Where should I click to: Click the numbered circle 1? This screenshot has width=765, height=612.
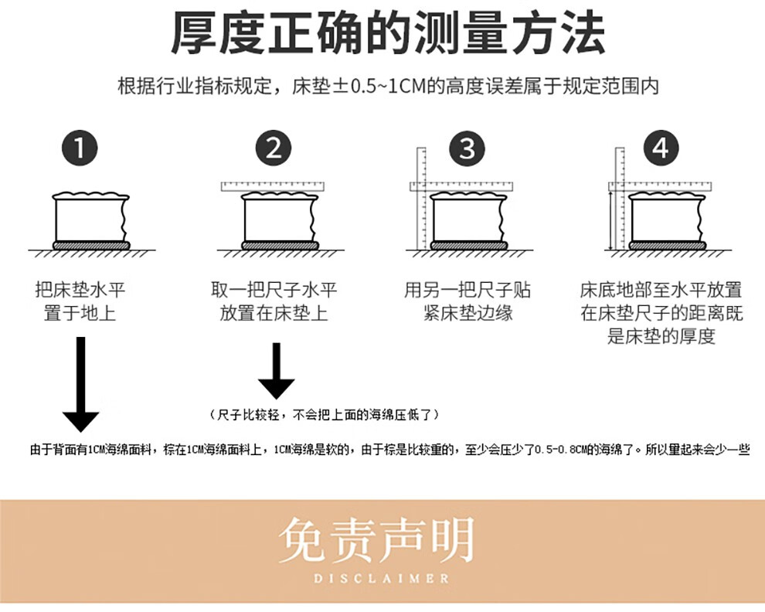pos(80,148)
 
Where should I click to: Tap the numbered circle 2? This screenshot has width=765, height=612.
pos(274,148)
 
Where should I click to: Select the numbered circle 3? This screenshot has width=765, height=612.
pos(467,148)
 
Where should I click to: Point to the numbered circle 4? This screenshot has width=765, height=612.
pos(661,148)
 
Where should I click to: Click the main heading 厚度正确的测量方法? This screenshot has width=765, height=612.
pos(389,33)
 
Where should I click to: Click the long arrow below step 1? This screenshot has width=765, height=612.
pos(81,384)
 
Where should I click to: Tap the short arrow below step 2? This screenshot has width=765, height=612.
pos(276,371)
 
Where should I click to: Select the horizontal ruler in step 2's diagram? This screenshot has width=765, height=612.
pos(273,186)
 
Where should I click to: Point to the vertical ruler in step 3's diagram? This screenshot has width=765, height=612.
pos(422,198)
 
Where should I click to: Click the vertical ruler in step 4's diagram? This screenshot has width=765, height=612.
pos(620,198)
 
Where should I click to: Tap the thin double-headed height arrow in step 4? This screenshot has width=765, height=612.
pos(610,220)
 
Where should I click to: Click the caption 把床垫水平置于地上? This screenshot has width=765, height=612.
pos(80,301)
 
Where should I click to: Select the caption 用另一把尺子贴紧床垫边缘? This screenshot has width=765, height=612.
pos(467,301)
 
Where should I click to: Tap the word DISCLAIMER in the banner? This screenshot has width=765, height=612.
pos(381,579)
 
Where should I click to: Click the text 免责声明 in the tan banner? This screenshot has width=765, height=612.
pos(376,540)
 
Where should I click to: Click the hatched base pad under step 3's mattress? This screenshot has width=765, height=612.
pos(468,246)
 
